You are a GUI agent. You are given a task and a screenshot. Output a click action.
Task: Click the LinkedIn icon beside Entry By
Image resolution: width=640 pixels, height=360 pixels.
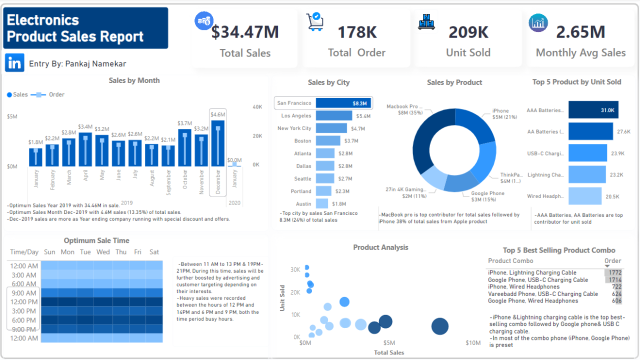click(16, 62)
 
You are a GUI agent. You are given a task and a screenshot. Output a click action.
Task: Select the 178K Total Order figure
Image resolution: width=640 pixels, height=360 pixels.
click(356, 31)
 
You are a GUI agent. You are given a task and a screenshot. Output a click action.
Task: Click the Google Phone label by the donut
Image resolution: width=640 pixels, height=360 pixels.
click(487, 195)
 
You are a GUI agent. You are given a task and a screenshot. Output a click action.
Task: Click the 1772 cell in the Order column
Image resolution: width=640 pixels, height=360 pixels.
click(613, 272)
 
